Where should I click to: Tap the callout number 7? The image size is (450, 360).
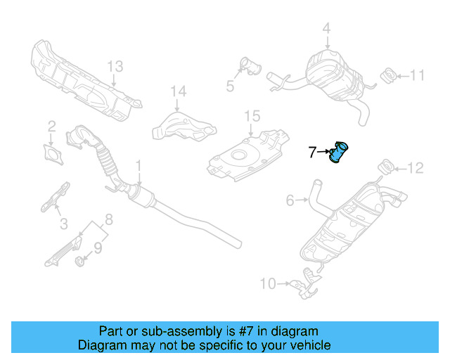point(313,151)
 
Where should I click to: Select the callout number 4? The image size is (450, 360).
point(326,29)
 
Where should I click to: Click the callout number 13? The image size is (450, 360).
point(115,66)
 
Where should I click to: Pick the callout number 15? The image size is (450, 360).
point(252,115)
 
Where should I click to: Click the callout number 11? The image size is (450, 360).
point(418,75)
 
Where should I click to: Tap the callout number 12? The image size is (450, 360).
point(416,167)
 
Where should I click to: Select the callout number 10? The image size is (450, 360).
point(268,284)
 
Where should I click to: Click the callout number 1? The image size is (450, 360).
point(139,165)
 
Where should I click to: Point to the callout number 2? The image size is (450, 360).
point(51,127)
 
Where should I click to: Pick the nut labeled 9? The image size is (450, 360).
point(80,262)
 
